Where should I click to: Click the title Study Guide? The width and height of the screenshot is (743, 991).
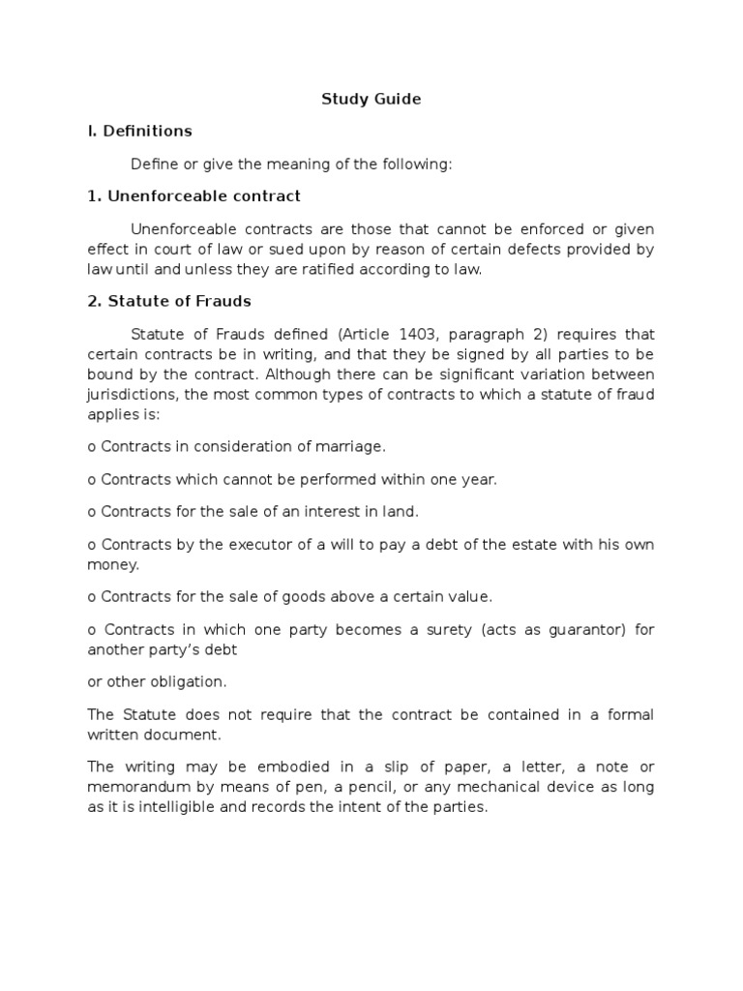[x=371, y=99]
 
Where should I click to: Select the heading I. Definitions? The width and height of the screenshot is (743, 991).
[x=139, y=131]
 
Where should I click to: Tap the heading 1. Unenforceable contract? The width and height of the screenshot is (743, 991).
[x=193, y=196]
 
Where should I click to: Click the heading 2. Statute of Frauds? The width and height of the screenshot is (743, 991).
[x=169, y=301]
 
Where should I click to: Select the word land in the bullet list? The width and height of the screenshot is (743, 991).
[x=401, y=511]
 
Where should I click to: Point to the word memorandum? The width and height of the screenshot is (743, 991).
[x=134, y=787]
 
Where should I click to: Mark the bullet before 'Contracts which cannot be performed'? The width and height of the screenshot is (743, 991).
[x=91, y=480]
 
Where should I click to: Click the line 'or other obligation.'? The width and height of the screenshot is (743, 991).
[x=157, y=682]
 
